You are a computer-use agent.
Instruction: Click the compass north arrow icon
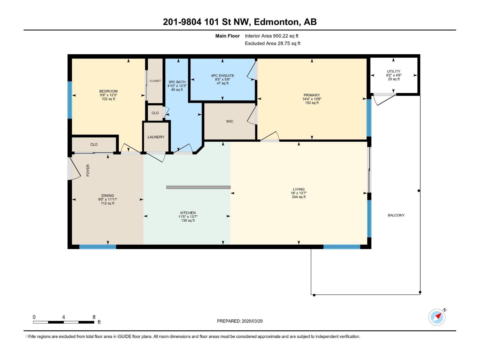(x=437, y=317)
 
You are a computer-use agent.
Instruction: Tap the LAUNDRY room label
(x=156, y=137)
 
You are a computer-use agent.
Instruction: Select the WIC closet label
(x=229, y=121)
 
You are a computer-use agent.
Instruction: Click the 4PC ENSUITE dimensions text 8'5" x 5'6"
(x=222, y=79)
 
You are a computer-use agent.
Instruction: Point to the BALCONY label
(x=396, y=215)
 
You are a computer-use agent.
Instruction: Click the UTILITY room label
(x=394, y=71)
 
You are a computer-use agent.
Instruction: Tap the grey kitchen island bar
(x=198, y=187)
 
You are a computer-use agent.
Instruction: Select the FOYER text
(x=88, y=170)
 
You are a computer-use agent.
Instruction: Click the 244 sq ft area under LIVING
(x=298, y=197)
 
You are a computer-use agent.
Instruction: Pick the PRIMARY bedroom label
(x=312, y=95)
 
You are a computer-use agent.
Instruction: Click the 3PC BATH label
(x=177, y=82)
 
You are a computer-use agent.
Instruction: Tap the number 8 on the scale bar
(x=94, y=317)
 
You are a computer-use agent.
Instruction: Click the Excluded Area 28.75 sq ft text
(x=272, y=43)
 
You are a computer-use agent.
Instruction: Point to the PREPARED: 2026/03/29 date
(x=240, y=321)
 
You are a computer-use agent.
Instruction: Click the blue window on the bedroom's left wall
(x=70, y=100)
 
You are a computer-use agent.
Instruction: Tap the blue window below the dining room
(x=97, y=247)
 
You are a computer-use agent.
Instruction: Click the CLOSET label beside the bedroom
(x=155, y=81)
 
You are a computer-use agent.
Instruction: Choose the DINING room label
(x=107, y=196)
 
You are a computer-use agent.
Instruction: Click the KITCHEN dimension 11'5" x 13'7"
(x=188, y=217)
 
